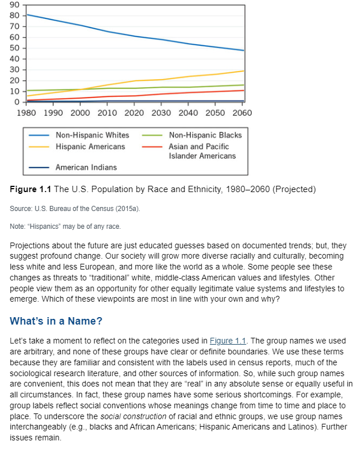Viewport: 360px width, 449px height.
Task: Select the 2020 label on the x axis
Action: (x=135, y=112)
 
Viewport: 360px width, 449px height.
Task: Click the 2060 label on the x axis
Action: (x=242, y=112)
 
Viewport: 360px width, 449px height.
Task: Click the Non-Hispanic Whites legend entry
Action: (x=92, y=135)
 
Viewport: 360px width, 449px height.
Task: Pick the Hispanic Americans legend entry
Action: (x=90, y=146)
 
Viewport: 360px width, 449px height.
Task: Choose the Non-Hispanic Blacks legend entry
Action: (x=205, y=135)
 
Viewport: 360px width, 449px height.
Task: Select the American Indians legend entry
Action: (x=85, y=167)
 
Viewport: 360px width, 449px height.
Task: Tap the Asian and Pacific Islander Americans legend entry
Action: (x=202, y=151)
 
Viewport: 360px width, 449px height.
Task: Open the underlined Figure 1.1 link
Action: (x=228, y=341)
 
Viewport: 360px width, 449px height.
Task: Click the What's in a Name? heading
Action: (x=56, y=321)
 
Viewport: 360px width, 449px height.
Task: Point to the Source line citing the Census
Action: (x=75, y=209)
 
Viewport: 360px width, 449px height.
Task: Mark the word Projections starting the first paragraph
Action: (x=31, y=245)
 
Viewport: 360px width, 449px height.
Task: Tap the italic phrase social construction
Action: (x=129, y=416)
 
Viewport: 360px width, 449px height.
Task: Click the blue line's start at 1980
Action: (x=27, y=14)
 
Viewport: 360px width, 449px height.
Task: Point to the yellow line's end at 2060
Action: (x=244, y=71)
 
